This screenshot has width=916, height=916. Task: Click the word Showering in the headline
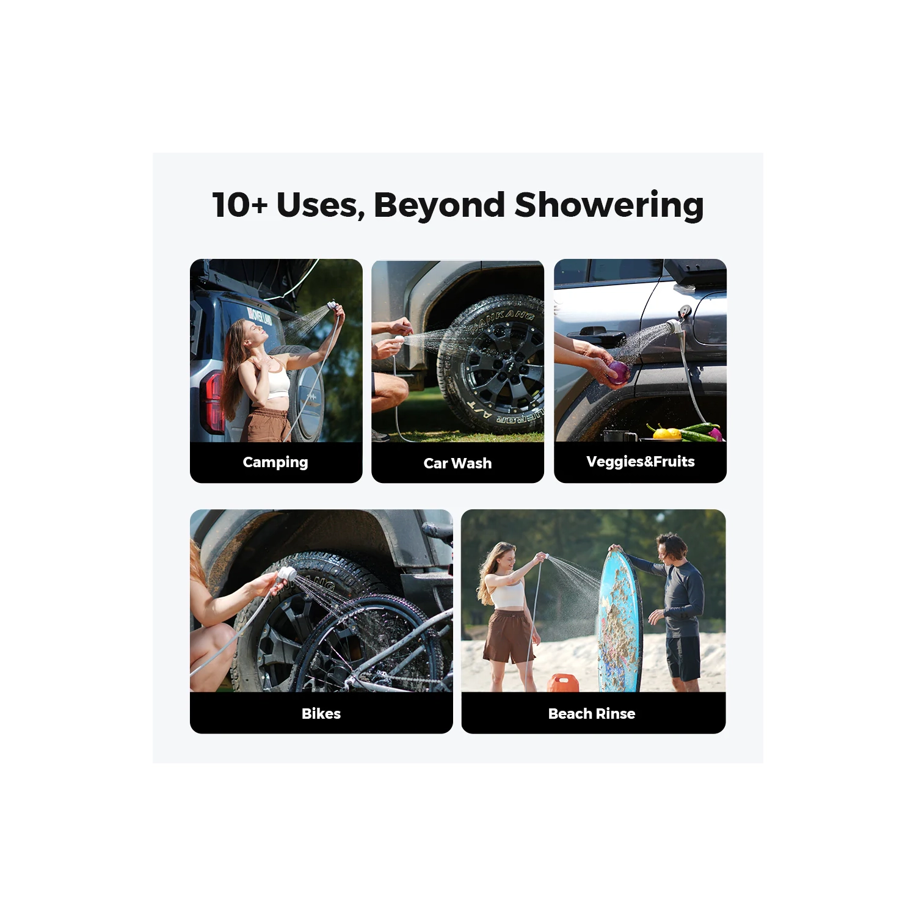609,205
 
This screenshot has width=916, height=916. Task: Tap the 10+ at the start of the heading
239,205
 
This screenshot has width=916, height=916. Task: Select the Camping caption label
275,462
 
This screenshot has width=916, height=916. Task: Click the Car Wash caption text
457,463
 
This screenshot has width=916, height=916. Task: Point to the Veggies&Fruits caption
640,462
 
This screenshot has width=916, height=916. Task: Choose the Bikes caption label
321,713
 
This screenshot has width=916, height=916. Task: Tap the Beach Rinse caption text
592,713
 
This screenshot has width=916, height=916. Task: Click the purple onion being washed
618,371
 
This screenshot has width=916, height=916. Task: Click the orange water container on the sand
562,683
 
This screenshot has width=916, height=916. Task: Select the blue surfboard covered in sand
619,623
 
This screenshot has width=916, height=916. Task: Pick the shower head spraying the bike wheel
285,574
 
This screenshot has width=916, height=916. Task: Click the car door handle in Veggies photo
592,333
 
